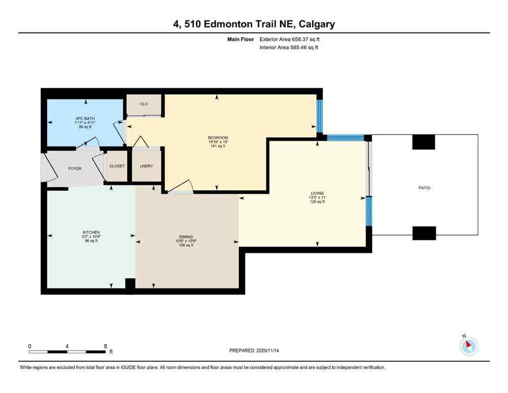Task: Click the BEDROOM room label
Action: tap(217, 138)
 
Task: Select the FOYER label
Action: tap(75, 168)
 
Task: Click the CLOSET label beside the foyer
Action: tap(117, 166)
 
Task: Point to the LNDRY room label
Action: tap(146, 166)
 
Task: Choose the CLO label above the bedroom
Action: tap(144, 104)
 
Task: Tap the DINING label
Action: tap(185, 237)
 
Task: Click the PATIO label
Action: tap(424, 188)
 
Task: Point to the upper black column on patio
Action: tap(424, 142)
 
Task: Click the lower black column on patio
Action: tap(424, 233)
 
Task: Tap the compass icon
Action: tap(469, 346)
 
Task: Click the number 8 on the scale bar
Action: tap(105, 346)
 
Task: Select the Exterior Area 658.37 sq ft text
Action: tap(291, 39)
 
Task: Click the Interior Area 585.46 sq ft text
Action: tap(290, 48)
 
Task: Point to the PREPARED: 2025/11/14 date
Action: tap(257, 351)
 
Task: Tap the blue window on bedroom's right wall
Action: tap(319, 115)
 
